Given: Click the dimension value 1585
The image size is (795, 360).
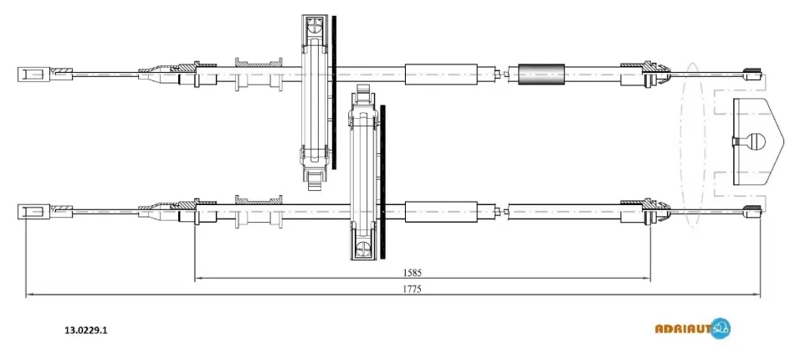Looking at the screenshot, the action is click(x=413, y=272).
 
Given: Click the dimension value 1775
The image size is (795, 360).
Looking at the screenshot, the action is click(x=413, y=289).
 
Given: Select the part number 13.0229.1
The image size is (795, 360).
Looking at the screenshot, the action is click(x=85, y=330).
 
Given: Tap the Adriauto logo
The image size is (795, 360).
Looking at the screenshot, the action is click(x=693, y=328).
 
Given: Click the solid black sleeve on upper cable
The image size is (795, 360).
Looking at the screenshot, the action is click(x=541, y=75).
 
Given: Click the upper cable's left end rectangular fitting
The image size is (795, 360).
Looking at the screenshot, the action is click(x=33, y=75).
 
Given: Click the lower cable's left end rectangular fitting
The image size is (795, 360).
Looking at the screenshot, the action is click(x=33, y=212).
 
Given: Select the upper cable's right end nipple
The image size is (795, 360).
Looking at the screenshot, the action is click(x=752, y=75).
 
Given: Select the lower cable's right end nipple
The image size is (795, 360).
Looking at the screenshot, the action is click(x=752, y=212).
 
